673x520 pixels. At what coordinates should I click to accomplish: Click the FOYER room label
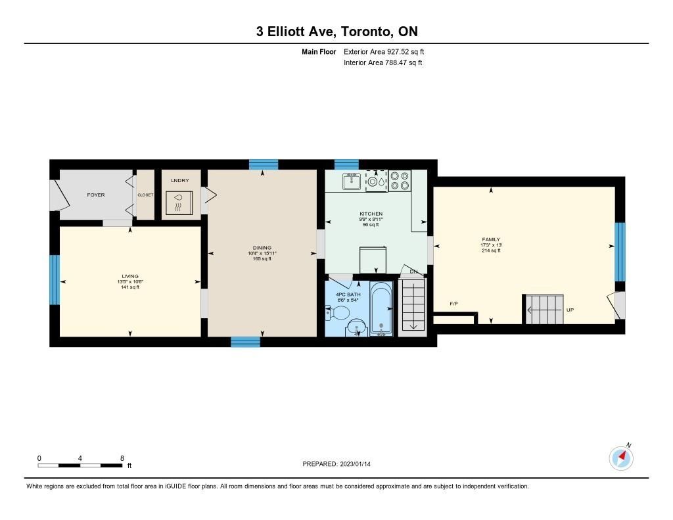click(96, 195)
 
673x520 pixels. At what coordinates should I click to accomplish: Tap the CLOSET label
click(145, 195)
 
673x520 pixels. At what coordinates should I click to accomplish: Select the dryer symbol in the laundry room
click(179, 202)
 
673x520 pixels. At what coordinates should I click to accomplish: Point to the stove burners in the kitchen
click(400, 181)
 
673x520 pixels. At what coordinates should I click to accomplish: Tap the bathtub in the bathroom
click(381, 308)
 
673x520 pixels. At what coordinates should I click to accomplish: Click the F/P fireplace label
click(453, 304)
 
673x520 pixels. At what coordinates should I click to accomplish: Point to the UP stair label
click(570, 310)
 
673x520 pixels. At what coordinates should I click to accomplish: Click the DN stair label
click(413, 272)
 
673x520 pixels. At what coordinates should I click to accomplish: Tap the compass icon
click(621, 458)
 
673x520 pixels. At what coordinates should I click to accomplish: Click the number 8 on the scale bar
click(122, 458)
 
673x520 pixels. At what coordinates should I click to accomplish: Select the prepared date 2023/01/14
click(356, 464)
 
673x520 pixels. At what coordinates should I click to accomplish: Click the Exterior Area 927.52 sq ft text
click(384, 51)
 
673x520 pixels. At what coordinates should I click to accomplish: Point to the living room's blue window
click(55, 280)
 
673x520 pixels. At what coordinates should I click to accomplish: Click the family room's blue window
click(620, 252)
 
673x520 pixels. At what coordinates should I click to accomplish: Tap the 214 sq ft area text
click(491, 250)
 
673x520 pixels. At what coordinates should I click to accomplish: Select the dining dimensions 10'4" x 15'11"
click(262, 253)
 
